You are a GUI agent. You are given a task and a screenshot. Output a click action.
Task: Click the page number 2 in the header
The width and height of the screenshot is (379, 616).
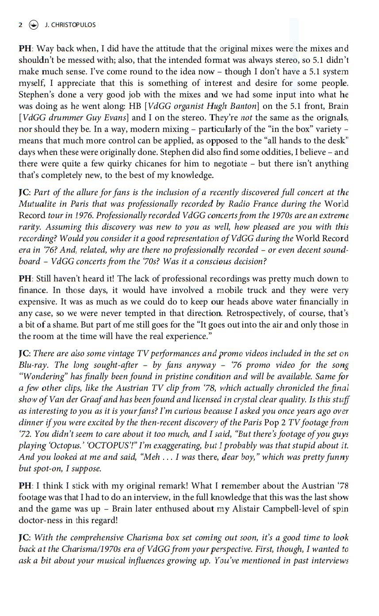(x=20, y=25)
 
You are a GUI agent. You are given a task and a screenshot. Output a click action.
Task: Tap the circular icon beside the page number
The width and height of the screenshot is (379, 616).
(x=33, y=25)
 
